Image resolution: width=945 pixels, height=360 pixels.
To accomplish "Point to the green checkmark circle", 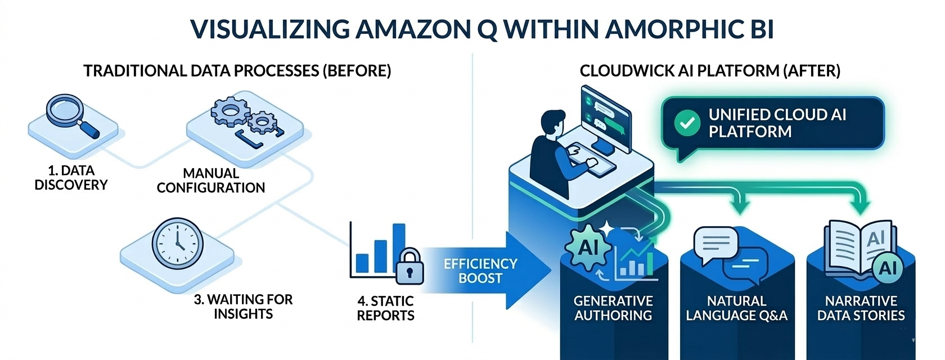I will pyautogui.click(x=687, y=123).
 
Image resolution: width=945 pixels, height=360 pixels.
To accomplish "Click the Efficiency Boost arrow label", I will pyautogui.click(x=480, y=271).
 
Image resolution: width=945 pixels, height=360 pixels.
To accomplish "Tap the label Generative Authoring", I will pyautogui.click(x=613, y=308).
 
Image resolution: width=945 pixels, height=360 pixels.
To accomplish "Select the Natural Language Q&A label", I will pyautogui.click(x=736, y=308).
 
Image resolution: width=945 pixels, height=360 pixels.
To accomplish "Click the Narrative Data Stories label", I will pyautogui.click(x=861, y=308).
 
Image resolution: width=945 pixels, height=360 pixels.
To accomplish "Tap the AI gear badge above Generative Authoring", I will pyautogui.click(x=588, y=247).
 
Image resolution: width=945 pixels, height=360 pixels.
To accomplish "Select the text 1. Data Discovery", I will pyautogui.click(x=71, y=178).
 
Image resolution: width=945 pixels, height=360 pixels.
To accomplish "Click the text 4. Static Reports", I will pyautogui.click(x=385, y=308).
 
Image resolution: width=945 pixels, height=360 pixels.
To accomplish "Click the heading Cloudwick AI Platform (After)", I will pyautogui.click(x=710, y=71).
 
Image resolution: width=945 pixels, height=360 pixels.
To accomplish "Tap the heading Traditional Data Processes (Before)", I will pyautogui.click(x=237, y=71).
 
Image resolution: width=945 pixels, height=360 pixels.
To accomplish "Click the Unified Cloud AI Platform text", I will pyautogui.click(x=777, y=123).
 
